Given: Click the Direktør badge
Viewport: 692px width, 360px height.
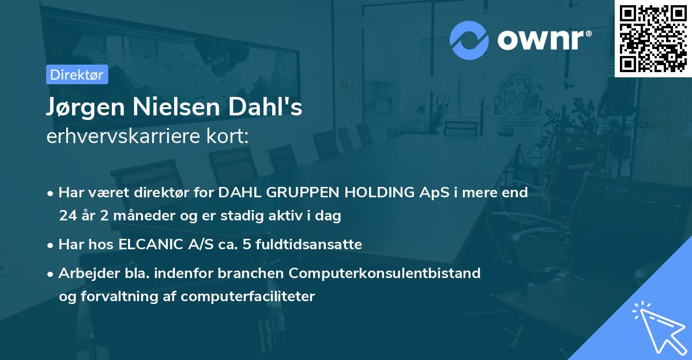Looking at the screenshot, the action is (77, 74).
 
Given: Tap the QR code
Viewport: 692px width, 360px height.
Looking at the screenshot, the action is (653, 38).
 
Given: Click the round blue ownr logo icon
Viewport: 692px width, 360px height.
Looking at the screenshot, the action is (469, 40).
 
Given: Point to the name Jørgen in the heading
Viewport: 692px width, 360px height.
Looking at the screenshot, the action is (85, 107).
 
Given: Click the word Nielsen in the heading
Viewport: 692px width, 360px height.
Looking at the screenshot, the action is (176, 107).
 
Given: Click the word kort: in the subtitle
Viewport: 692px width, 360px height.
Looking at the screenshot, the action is (227, 136).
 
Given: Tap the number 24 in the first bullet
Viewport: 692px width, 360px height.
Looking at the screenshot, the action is (68, 215).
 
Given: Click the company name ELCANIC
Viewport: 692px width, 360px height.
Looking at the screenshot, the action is (151, 244).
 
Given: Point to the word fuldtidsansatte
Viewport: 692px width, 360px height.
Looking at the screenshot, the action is (309, 244).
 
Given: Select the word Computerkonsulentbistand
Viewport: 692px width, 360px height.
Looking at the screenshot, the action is (385, 273).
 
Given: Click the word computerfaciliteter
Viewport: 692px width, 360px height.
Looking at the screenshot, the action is (248, 297).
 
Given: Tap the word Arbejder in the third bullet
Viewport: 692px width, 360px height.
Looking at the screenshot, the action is (89, 273).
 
